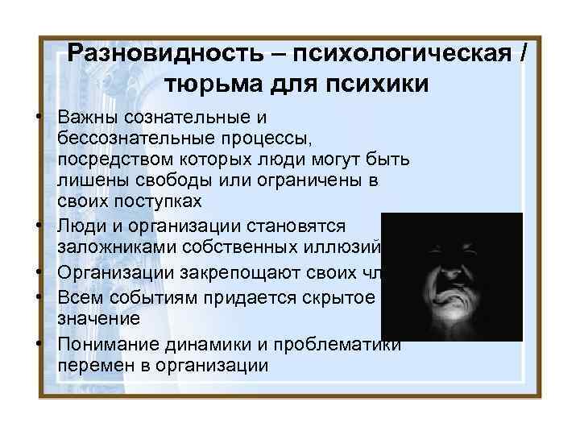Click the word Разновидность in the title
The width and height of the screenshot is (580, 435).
(x=165, y=55)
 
